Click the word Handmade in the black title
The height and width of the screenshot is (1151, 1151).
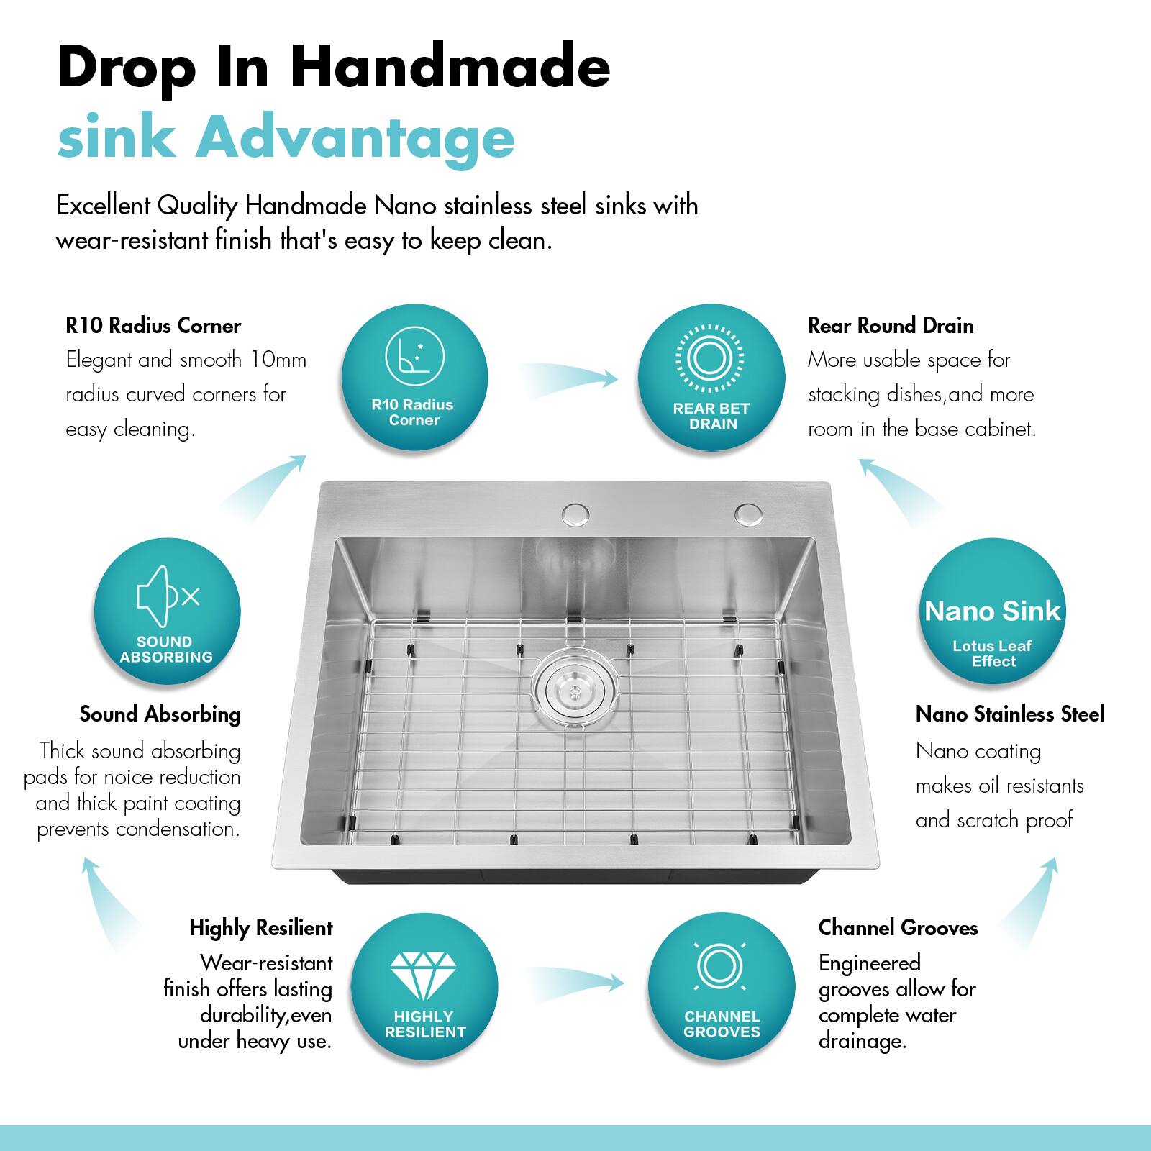[x=451, y=67]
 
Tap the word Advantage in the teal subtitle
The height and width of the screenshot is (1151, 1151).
[x=355, y=137]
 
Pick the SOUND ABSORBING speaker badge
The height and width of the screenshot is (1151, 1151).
[x=167, y=611]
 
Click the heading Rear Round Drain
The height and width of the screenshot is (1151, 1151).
[x=891, y=326]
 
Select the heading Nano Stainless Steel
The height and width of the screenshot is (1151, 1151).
[x=1009, y=714]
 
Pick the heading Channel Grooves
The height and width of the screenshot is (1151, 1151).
[x=898, y=928]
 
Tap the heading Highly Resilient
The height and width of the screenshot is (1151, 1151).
[x=261, y=928]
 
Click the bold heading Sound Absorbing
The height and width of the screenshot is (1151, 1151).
[x=160, y=714]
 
